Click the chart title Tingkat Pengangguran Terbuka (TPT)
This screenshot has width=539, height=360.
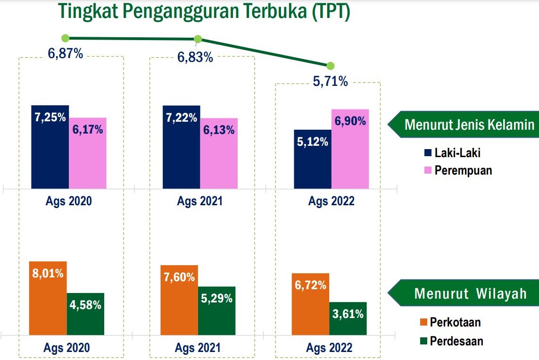pos(204,11)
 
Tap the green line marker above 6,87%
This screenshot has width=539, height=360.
pos(65,38)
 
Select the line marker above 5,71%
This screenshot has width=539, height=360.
pos(331,66)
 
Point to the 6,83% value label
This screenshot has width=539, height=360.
pos(195,57)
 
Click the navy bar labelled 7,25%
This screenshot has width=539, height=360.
pos(50,147)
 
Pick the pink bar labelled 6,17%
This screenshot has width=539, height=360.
pos(88,153)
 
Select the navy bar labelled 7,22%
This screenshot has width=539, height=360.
pos(182,147)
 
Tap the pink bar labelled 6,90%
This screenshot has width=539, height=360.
pos(350,149)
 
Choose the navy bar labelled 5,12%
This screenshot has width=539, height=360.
pos(313,159)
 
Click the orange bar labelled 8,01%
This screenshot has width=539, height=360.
pos(48,298)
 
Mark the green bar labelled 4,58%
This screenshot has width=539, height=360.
pos(86,314)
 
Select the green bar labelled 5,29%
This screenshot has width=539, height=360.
pos(217,311)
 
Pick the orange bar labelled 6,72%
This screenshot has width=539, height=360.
pos(310,304)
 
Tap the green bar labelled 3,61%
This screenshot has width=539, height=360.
pos(348,319)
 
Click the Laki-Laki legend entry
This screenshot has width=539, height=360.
pos(452,153)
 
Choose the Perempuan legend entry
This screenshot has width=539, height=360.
pos(458,170)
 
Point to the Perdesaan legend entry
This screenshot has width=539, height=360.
pos(452,341)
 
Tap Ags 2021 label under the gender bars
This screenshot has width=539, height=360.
pos(200,201)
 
